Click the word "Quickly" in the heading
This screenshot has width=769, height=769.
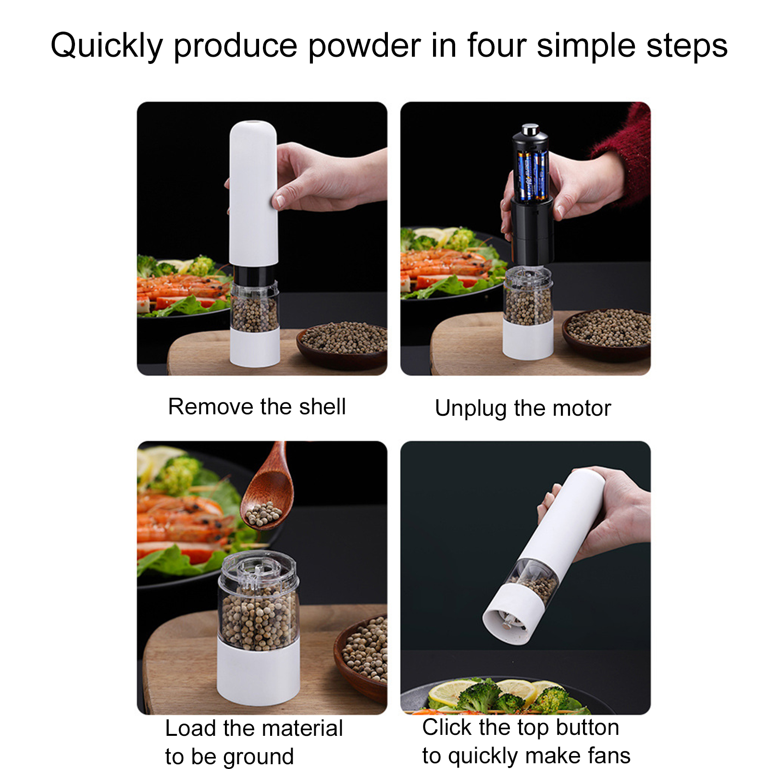coord(107,46)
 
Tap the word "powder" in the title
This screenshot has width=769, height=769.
coord(365,46)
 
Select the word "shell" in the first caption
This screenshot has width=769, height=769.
coord(322,407)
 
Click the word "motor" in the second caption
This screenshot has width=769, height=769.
coord(582,408)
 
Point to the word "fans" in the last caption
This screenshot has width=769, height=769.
coord(609,755)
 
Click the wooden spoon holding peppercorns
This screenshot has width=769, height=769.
coord(269,490)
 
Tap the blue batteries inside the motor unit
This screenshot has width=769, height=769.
coord(533,175)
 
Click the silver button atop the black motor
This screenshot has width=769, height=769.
coord(530,129)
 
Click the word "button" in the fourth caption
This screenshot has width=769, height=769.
coord(587,727)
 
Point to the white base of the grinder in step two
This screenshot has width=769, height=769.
coord(528,339)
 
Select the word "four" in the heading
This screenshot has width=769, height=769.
coord(496,46)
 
